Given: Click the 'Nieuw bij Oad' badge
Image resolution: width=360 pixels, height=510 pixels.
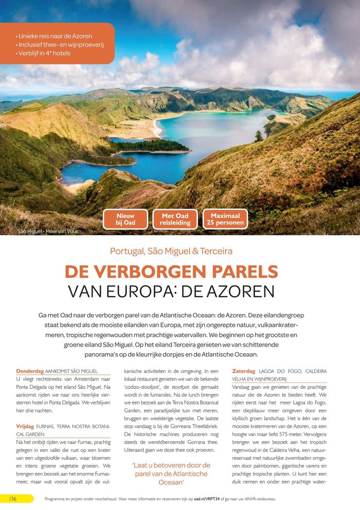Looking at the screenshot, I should (x=125, y=219).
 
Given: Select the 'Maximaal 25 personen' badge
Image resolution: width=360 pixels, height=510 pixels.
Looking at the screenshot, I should (x=225, y=219).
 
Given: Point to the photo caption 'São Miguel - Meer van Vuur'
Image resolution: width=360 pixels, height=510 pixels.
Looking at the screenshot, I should (x=47, y=231).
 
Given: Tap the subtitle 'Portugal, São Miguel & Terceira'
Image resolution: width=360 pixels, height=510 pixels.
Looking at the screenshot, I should (x=171, y=251).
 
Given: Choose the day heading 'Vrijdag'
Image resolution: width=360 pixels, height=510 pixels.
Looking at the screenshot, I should (x=25, y=426).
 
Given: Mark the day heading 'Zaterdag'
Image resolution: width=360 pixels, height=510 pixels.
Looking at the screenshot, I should (x=244, y=371).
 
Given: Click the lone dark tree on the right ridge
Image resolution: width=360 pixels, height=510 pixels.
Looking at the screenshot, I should (x=259, y=136).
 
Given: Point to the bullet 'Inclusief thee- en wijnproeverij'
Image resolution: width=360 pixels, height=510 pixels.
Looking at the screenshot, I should (x=60, y=45).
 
